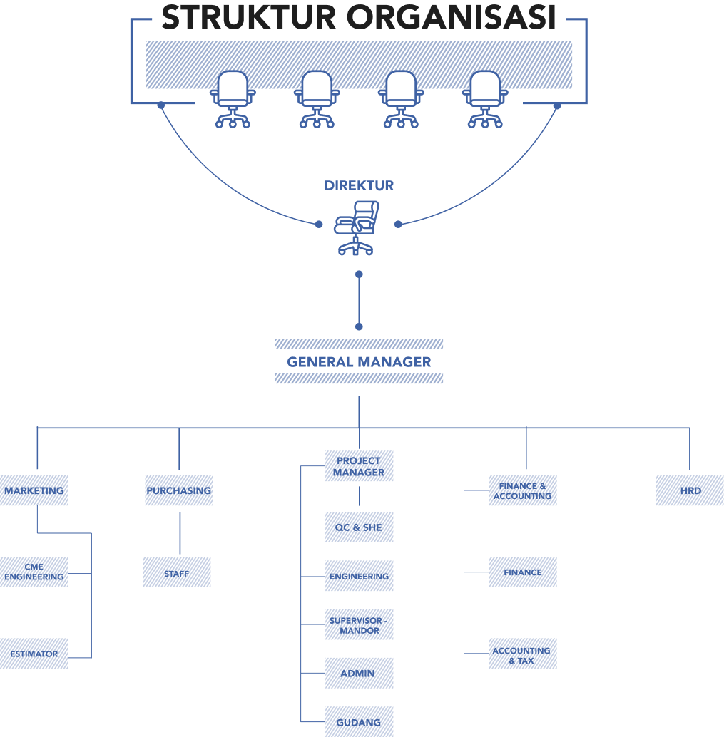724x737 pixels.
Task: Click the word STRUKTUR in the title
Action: coord(248,18)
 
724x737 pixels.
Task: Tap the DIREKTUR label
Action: coord(359,185)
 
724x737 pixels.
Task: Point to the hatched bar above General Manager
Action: coord(359,344)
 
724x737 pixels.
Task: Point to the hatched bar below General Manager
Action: coord(359,378)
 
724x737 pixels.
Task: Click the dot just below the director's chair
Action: coord(359,274)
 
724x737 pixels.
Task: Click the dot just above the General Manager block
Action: coord(359,326)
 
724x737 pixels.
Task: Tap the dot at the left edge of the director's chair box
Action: coord(319,224)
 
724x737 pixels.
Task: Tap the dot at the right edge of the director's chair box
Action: coord(399,224)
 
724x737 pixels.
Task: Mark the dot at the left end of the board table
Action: coord(161,105)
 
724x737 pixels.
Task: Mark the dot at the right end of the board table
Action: coord(557,105)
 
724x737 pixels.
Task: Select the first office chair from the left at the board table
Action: coord(233,98)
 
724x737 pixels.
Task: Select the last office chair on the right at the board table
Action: coord(485,98)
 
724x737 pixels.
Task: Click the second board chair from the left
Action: coord(317,98)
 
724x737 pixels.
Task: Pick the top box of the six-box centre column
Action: coord(359,466)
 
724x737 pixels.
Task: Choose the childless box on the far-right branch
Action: coord(689,490)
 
